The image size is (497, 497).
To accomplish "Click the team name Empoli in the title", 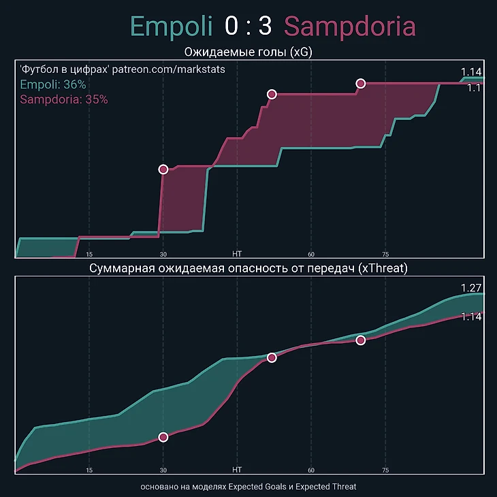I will pyautogui.click(x=172, y=27).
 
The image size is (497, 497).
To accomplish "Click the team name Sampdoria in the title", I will pyautogui.click(x=349, y=27).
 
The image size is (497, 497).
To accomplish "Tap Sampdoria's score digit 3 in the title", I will pyautogui.click(x=265, y=27).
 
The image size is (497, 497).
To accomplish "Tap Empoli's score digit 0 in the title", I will pyautogui.click(x=232, y=27).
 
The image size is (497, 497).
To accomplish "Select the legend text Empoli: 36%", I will pyautogui.click(x=53, y=84).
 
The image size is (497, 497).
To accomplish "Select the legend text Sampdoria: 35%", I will pyautogui.click(x=64, y=99).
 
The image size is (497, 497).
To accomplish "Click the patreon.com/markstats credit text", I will pyautogui.click(x=168, y=69).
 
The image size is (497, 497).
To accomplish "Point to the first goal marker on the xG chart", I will pyautogui.click(x=163, y=169).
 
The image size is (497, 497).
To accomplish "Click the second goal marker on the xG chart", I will pyautogui.click(x=272, y=94).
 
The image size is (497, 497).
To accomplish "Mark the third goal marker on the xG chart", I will pyautogui.click(x=361, y=83).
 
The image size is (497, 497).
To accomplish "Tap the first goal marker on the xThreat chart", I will pyautogui.click(x=163, y=437).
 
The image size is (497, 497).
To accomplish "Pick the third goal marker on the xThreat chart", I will pyautogui.click(x=361, y=340).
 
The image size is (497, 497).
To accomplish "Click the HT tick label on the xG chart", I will pyautogui.click(x=237, y=253).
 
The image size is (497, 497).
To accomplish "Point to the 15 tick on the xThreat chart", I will pyautogui.click(x=89, y=470).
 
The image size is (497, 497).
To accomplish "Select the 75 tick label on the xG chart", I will pyautogui.click(x=385, y=253).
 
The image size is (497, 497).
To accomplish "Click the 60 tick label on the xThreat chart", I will pyautogui.click(x=311, y=470).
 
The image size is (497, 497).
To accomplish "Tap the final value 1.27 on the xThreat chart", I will pyautogui.click(x=471, y=287).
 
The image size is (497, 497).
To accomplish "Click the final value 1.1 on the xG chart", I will pyautogui.click(x=474, y=88).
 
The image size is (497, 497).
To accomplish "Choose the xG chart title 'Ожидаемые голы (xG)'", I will pyautogui.click(x=248, y=52).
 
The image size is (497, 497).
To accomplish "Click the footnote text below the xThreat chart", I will pyautogui.click(x=248, y=487).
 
